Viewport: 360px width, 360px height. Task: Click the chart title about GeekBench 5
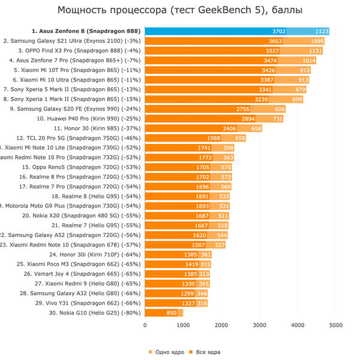180,10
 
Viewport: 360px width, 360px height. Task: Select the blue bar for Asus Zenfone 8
237,32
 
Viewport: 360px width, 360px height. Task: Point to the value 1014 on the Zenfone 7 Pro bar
309,61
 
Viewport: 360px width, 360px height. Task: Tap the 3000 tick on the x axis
259,325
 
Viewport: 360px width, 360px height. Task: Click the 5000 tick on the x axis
335,325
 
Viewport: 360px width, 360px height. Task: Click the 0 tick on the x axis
145,325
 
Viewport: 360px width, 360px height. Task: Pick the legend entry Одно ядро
165,352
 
